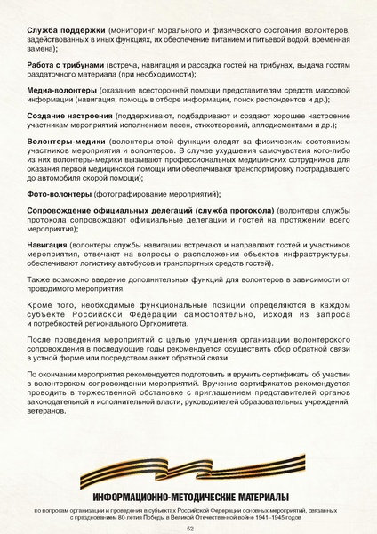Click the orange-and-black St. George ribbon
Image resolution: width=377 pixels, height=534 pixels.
tap(189, 476)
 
